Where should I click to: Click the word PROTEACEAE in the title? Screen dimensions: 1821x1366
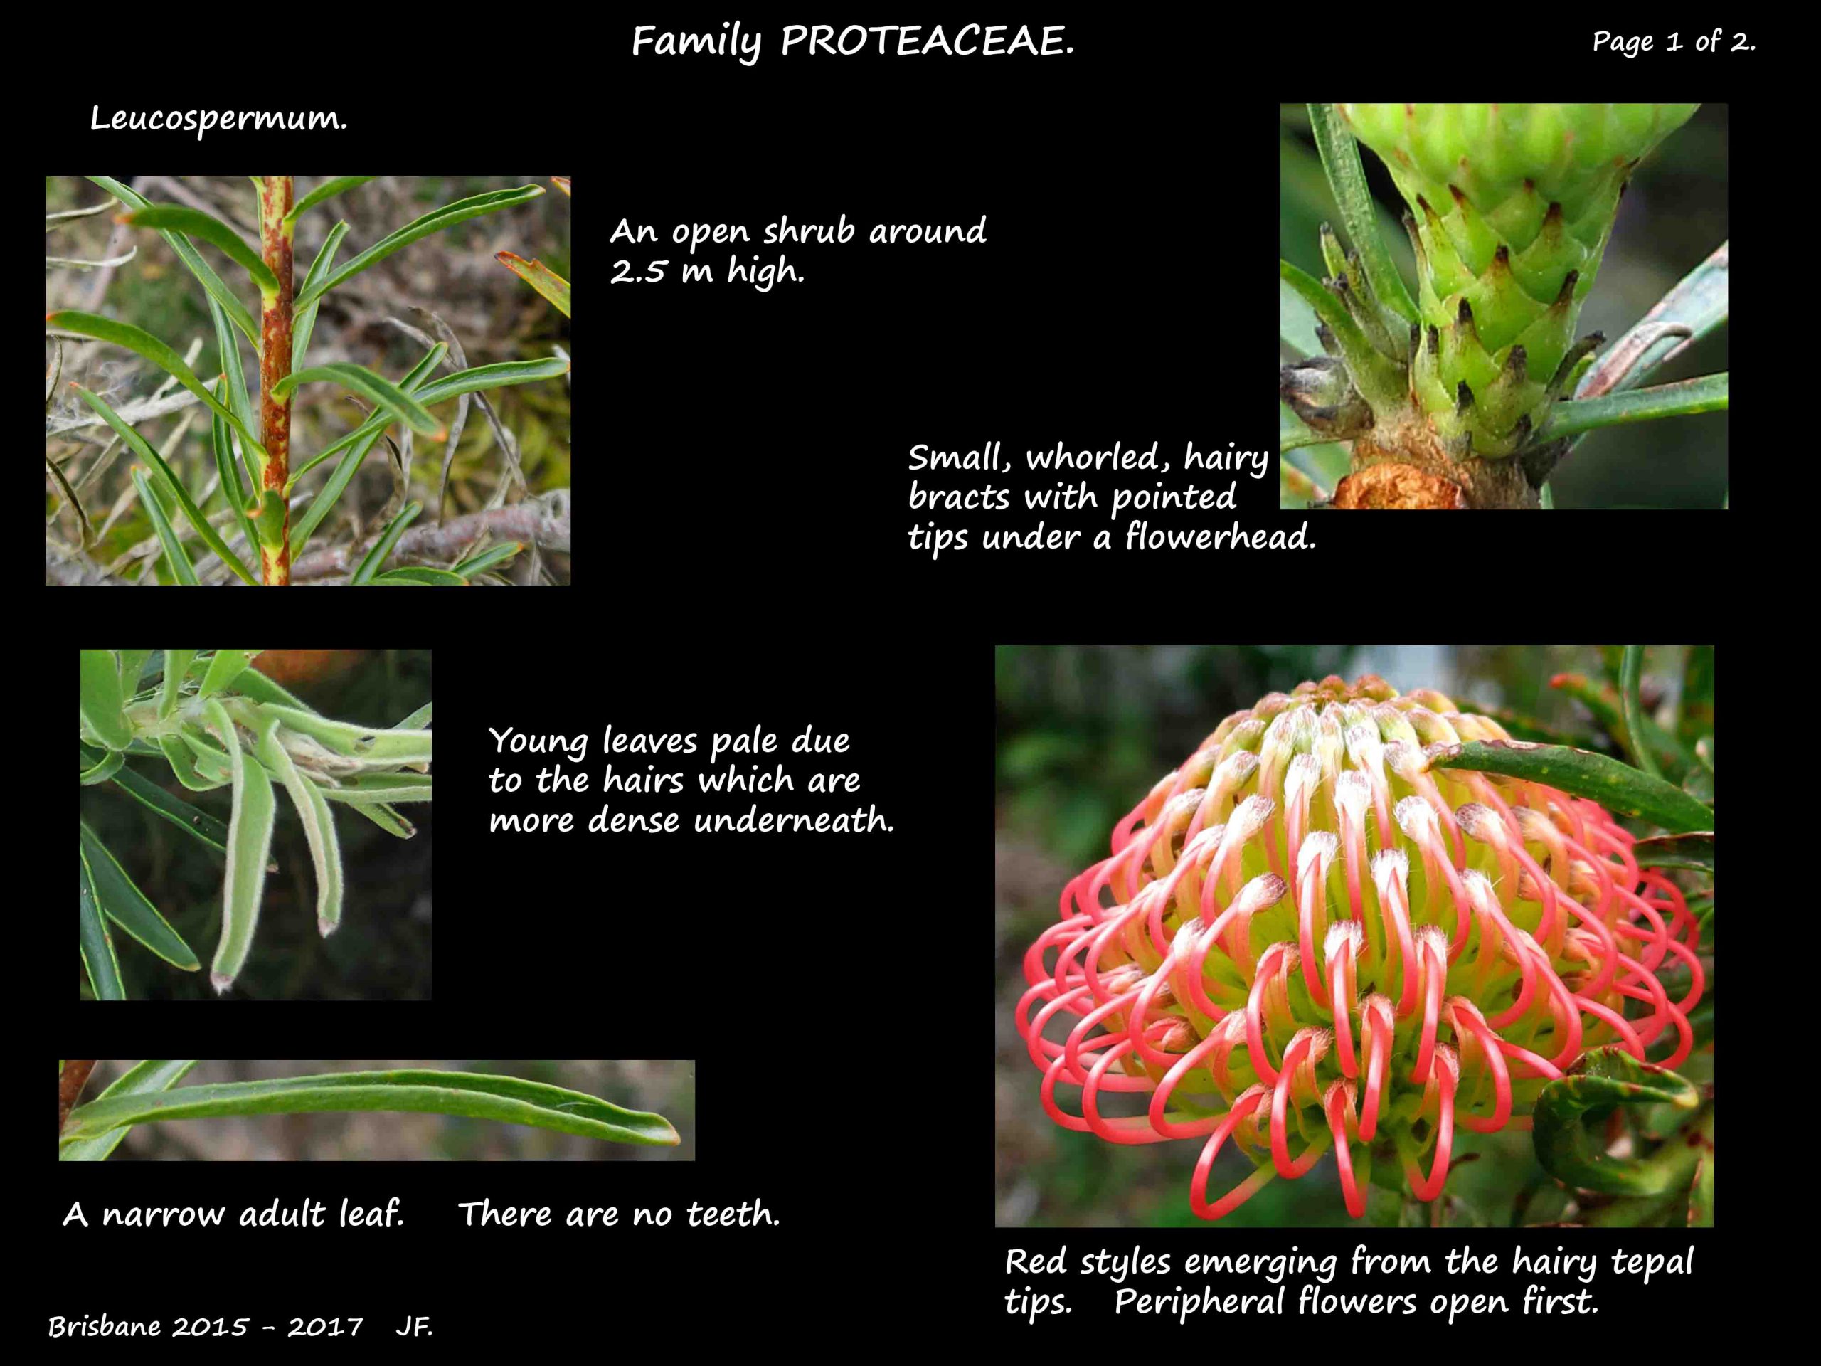click(927, 41)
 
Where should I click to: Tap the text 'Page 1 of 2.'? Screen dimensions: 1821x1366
click(1674, 41)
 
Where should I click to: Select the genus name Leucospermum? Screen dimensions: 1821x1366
click(218, 120)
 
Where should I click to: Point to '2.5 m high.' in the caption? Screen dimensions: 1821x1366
click(706, 271)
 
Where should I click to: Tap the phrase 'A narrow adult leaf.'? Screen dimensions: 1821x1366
click(234, 1214)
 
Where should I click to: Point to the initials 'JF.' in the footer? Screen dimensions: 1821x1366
click(414, 1326)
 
